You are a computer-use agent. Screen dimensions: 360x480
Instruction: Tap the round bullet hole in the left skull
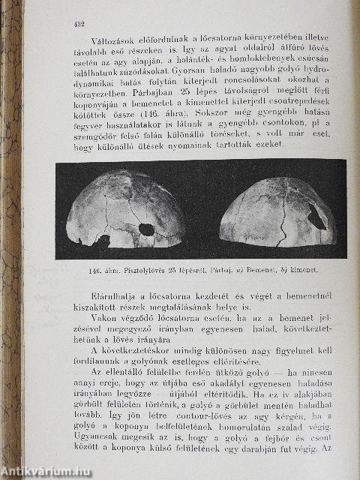147,229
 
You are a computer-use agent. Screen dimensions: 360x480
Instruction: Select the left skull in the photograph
126,211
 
